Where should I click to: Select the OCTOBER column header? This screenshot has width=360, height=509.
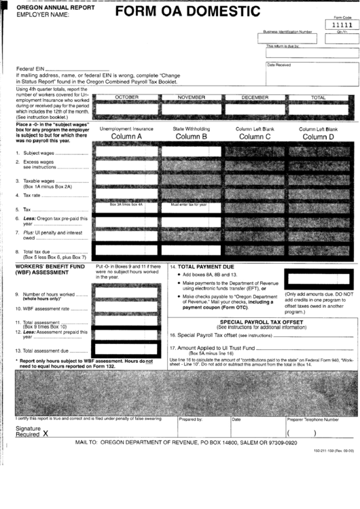coord(127,98)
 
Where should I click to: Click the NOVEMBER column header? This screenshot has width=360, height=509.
coord(191,98)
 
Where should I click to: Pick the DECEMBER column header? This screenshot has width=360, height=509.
coord(255,98)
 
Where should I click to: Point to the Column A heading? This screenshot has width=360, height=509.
coord(126,137)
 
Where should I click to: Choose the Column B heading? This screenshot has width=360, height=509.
coord(191,137)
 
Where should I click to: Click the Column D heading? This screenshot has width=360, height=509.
coord(318,137)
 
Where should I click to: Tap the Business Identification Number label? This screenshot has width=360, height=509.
coord(287,31)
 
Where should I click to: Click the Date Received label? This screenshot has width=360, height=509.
coord(278,65)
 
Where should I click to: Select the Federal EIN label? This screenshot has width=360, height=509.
coord(31,69)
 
